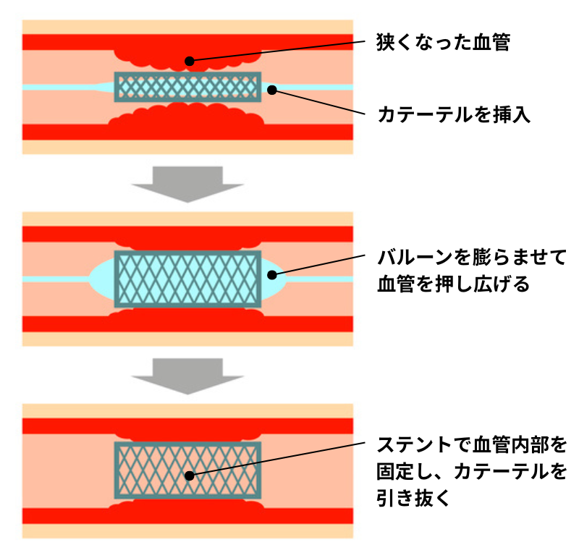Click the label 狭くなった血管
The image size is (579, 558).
click(444, 43)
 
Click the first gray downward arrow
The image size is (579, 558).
click(187, 183)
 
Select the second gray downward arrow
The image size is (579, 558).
click(187, 374)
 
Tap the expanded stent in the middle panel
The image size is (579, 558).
click(187, 279)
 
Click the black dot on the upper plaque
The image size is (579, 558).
click(189, 61)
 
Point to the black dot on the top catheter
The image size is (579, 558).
click(272, 90)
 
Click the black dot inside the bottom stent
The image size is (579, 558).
click(189, 475)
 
